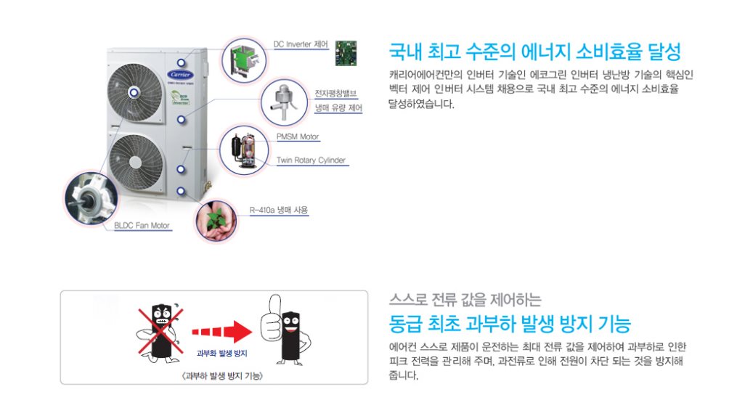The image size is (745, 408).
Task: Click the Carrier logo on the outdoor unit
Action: coord(181,75)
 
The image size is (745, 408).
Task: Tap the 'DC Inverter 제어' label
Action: coord(301,44)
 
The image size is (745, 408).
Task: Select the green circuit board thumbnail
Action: coord(346,53)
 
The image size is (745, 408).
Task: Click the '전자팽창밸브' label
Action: coord(336,93)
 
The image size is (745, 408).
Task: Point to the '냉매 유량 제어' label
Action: coord(338,108)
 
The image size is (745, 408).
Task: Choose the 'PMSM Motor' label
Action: coord(298,136)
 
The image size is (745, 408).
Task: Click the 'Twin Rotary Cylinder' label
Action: coord(312,160)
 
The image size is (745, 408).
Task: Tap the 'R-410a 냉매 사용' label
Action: coord(279,210)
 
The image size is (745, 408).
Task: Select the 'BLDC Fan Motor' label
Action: coord(142,226)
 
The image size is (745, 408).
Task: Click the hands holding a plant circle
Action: coord(216,221)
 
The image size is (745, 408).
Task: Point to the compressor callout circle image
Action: coord(244,150)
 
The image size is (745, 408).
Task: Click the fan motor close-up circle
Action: coord(91,198)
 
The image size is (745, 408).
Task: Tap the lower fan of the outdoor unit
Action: coord(136,163)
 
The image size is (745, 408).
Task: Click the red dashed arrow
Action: coord(222,332)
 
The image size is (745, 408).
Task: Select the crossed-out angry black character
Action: coord(160,332)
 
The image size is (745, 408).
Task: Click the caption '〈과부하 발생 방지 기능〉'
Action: coord(222,376)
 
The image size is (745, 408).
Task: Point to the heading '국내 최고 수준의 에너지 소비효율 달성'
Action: coord(535,52)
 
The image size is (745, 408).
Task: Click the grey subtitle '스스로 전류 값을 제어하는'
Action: coord(465,300)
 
